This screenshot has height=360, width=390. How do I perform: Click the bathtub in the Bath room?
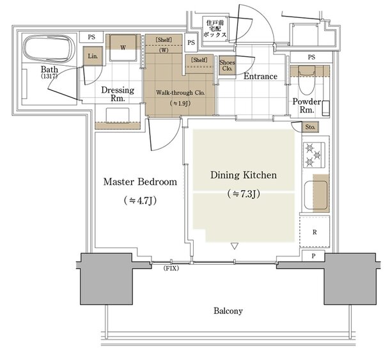coord(49,49)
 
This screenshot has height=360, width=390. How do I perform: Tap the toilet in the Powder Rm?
coord(307,80)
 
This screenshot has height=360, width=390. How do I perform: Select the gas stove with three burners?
coord(314,155)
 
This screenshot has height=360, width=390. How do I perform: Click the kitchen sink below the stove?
coord(316,195)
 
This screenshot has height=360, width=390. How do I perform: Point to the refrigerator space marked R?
coord(315,231)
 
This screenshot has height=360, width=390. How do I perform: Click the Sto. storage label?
coord(310,127)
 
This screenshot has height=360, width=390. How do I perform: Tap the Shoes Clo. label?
coord(227,65)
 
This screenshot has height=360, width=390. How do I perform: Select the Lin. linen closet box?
coord(93,56)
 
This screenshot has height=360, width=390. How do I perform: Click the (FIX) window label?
coord(171,268)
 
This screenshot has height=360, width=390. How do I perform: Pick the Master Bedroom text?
coord(140,182)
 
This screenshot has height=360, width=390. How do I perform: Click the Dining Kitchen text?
coord(244,175)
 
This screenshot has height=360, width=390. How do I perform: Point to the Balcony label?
coord(228,311)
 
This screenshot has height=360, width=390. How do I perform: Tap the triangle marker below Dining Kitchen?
coord(235,246)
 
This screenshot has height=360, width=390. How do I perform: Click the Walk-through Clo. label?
coord(180,93)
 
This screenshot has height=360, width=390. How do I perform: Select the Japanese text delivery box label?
coord(215,29)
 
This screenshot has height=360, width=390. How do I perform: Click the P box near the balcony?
coord(313,256)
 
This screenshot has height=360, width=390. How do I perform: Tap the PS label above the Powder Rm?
coord(311,57)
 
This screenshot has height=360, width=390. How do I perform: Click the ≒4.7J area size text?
coord(140,200)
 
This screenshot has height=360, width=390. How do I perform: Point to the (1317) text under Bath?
coord(49,76)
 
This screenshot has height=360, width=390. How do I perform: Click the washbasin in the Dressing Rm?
coord(118,115)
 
